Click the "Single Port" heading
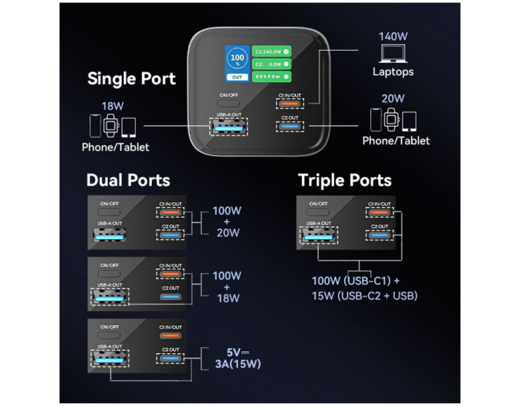click(x=132, y=79)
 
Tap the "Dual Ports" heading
click(x=128, y=180)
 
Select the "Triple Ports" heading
click(x=345, y=180)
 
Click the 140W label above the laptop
click(x=393, y=37)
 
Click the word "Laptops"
click(x=393, y=72)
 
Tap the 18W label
click(x=113, y=106)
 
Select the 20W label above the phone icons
click(x=393, y=98)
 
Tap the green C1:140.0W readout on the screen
click(x=272, y=51)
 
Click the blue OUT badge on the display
click(x=237, y=77)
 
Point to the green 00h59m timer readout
click(x=272, y=77)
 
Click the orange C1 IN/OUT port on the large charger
click(x=289, y=103)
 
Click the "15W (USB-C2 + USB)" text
click(x=365, y=295)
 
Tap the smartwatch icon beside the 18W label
click(x=111, y=125)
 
